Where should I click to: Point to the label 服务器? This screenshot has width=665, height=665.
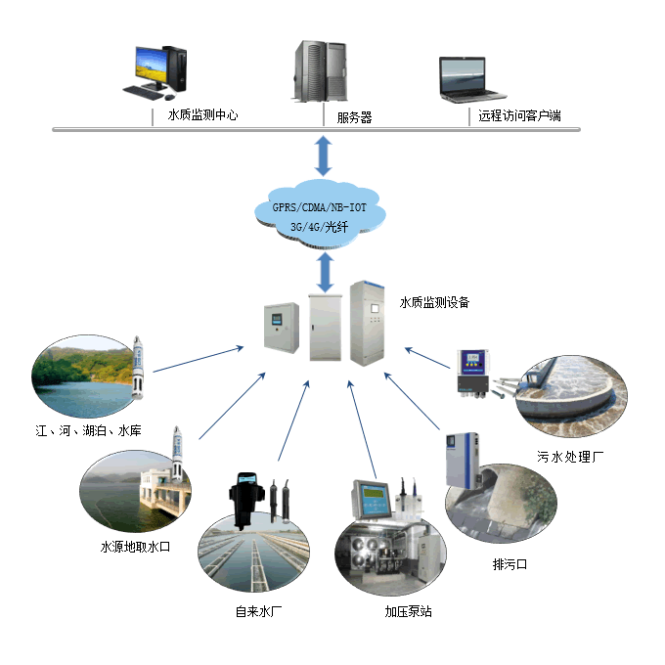point(354,117)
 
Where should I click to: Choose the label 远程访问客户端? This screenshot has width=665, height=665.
point(519,116)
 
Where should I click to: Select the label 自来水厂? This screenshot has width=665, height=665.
point(259,612)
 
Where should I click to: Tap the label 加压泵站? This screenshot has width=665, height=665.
point(408,612)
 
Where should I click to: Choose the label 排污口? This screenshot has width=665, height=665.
point(510,564)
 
